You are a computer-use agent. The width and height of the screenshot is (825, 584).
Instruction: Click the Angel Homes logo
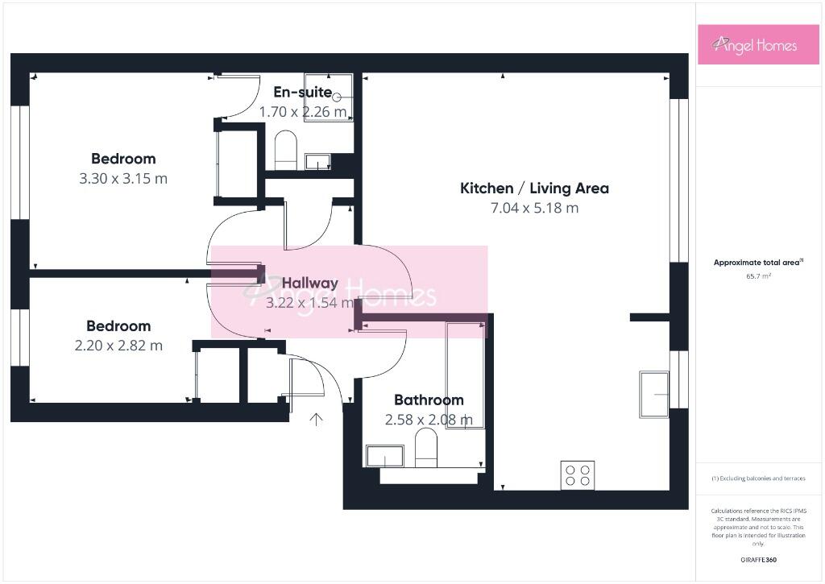click(747, 45)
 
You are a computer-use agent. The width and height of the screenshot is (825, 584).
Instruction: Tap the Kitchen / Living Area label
click(534, 188)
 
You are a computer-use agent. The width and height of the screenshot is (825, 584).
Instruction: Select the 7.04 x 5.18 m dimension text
click(534, 208)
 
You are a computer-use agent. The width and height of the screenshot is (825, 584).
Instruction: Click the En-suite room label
click(302, 92)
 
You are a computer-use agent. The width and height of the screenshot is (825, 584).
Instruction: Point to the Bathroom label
click(429, 400)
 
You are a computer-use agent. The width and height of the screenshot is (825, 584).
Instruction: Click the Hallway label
click(309, 283)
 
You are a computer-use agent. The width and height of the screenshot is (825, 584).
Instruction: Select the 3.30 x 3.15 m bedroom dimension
click(123, 178)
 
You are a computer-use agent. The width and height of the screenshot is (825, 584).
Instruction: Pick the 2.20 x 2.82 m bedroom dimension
click(118, 346)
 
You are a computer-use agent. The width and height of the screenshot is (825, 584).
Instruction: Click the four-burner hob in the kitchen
click(577, 475)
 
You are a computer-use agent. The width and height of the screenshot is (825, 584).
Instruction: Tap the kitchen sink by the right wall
click(654, 394)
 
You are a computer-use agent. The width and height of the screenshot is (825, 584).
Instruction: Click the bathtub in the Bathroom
click(465, 375)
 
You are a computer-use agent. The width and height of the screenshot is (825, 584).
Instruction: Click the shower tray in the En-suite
click(329, 97)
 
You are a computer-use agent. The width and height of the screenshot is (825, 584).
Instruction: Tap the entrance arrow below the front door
click(316, 419)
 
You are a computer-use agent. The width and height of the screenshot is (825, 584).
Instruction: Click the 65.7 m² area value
click(758, 275)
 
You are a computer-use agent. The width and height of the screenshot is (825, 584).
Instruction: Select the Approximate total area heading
click(758, 263)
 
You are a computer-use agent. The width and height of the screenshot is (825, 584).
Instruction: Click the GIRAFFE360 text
click(758, 560)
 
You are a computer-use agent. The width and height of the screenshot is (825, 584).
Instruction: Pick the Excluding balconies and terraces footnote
click(758, 478)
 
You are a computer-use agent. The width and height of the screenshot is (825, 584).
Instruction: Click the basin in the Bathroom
click(385, 457)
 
